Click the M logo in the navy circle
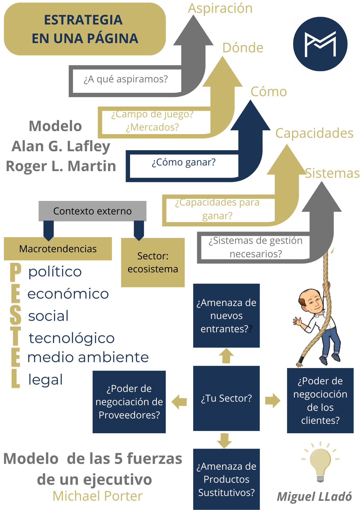coord(320,44)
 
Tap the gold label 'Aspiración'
coord(220,8)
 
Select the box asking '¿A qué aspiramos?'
coord(126,79)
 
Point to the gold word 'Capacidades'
coord(314,133)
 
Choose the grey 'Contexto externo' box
coord(92,211)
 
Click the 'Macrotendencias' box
coord(58,249)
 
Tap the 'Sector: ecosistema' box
coord(153,263)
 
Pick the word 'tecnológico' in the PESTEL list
coord(72,338)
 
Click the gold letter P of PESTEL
coord(15,272)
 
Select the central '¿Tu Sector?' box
coord(226,398)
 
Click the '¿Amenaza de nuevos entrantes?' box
coord(226,316)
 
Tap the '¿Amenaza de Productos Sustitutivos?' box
coord(226,479)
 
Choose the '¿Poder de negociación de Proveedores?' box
coord(129,402)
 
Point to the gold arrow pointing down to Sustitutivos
coord(224,440)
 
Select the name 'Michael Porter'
coord(98,496)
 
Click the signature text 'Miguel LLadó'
coord(314,497)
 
